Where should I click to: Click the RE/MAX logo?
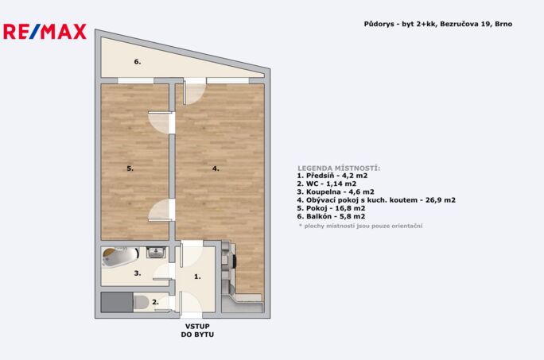coord(45,32)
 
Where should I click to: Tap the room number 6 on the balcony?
coord(138,62)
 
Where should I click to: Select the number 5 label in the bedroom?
coord(130,168)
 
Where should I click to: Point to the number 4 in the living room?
coord(216,168)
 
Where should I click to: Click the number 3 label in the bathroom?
coord(138,273)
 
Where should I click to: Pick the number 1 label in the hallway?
coord(197,277)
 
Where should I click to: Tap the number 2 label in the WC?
coord(155,303)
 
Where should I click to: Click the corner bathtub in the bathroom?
coord(120,257)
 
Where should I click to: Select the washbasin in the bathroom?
coord(157,253)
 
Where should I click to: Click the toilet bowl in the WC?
coord(142,303)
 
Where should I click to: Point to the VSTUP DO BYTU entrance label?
coord(197,331)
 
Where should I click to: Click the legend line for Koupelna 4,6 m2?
coord(336,192)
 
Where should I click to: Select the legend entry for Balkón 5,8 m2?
coord(331,216)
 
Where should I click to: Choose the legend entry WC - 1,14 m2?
coord(326,184)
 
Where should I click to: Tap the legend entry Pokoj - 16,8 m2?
coord(331,208)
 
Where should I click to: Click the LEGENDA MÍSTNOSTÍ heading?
coord(339,168)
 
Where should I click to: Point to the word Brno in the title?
coord(503,24)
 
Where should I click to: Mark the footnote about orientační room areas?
coord(360,226)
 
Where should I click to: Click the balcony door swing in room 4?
coord(194,93)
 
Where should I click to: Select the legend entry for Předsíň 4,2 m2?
coord(332,176)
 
